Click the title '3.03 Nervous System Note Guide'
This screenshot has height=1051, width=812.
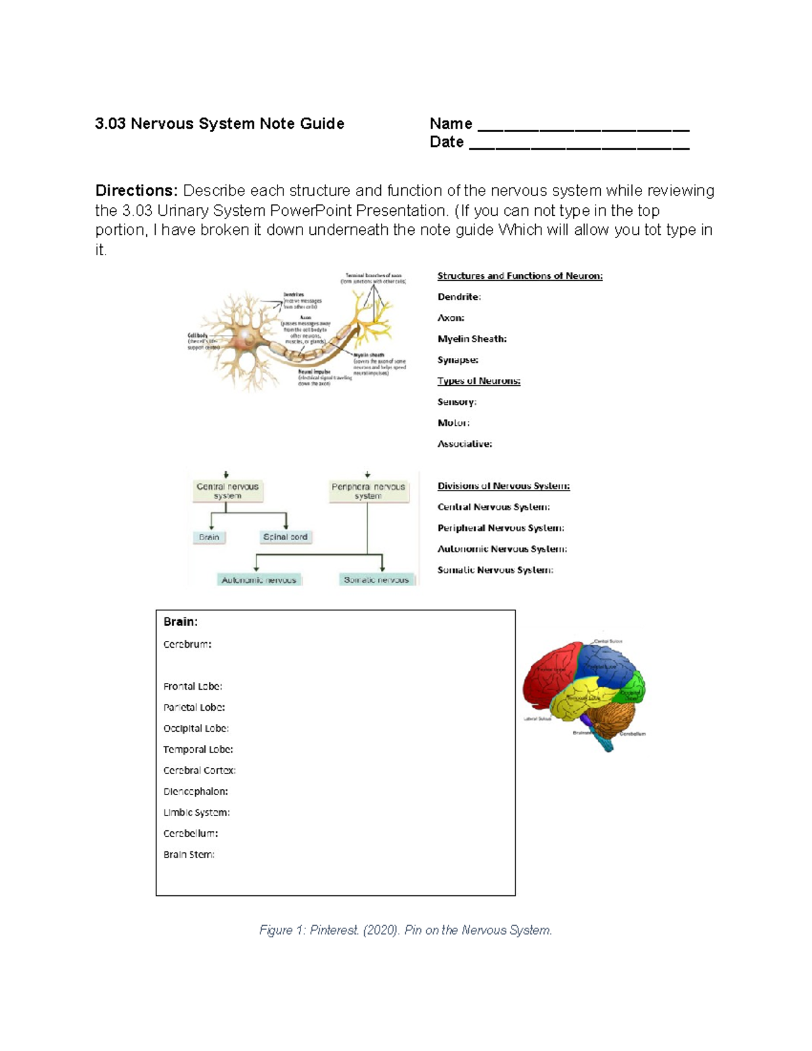219,124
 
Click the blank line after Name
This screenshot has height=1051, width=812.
583,126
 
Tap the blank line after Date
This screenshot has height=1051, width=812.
579,144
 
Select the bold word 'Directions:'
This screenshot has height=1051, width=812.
136,191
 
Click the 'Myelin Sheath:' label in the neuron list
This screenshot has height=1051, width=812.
472,339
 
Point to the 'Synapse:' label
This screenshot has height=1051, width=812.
457,360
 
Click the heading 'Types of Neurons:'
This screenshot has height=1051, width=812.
478,381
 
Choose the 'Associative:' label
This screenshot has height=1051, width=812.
464,444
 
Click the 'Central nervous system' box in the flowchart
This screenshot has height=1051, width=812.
227,491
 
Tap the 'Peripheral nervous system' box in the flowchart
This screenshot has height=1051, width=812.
368,491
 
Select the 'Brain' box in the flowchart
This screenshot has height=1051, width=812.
209,537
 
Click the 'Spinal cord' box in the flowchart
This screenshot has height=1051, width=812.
285,537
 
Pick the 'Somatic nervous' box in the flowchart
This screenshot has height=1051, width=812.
376,580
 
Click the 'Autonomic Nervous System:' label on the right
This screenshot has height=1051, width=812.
502,549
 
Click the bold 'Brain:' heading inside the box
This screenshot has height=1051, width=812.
180,622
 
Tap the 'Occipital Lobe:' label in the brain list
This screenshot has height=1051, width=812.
196,728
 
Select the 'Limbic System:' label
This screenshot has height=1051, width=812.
196,812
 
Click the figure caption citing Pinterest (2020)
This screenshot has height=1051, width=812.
405,931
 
